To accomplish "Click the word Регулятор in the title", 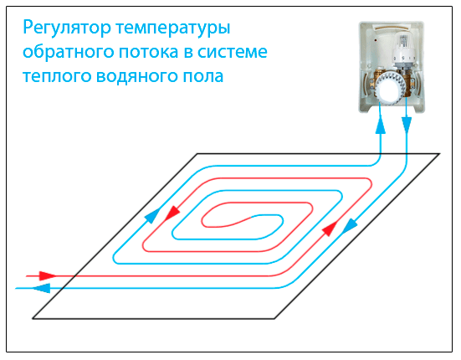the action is tap(67, 28).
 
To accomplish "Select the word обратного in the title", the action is tap(69, 52).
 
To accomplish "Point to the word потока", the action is tap(149, 53).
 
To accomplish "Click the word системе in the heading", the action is tap(233, 53).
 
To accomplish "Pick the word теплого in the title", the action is tap(57, 76).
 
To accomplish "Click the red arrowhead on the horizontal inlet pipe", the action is tap(48, 275).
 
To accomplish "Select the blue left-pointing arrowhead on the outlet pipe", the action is tap(41, 288).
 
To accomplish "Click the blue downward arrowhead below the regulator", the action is tap(407, 125).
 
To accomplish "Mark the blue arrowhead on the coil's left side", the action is tap(153, 216).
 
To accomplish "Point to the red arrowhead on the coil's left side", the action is tap(172, 213).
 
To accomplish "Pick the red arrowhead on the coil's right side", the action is tap(330, 229).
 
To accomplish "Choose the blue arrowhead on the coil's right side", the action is tap(350, 226).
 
